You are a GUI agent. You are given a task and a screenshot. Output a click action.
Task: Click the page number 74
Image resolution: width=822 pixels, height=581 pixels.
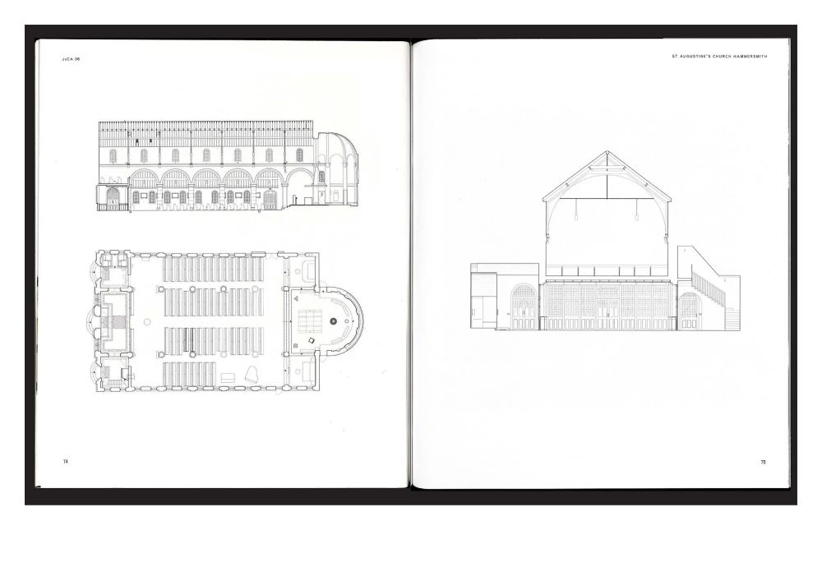tap(66, 462)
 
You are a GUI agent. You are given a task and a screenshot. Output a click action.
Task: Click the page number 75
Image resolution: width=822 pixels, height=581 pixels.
tap(763, 462)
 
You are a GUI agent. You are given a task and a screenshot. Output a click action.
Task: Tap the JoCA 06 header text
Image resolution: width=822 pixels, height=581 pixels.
tap(71, 59)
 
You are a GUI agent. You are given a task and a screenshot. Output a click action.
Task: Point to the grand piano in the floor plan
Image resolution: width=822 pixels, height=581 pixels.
tap(253, 374)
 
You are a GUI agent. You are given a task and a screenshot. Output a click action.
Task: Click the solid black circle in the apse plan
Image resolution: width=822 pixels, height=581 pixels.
tap(335, 321)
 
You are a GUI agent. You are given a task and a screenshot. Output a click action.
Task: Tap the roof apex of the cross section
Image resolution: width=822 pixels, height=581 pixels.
tap(607, 152)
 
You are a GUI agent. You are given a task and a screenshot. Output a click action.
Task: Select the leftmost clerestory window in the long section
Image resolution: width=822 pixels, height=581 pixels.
tap(113, 155)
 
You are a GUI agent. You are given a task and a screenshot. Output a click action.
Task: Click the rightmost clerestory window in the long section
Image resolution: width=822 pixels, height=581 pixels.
tap(299, 155)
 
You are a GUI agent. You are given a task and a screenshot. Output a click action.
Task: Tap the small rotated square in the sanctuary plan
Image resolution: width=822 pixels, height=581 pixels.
tap(312, 339)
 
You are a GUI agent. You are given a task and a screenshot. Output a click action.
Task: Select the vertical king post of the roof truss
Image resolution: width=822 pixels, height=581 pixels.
tap(607, 177)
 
